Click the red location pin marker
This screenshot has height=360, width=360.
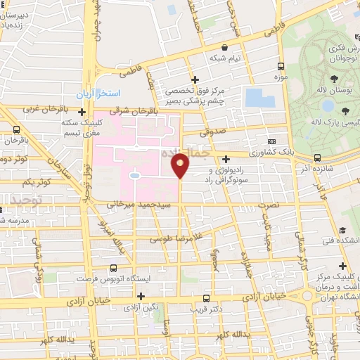tap(181, 165)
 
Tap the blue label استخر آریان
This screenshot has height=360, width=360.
tap(100, 94)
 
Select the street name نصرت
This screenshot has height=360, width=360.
tap(268, 204)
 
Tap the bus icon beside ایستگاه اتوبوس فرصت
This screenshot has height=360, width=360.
tap(114, 268)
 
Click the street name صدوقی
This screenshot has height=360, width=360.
tap(210, 131)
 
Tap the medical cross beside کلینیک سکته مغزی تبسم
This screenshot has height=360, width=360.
tap(82, 112)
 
